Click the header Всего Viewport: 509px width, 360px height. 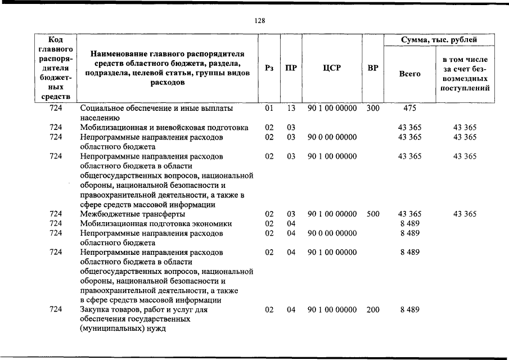(x=409, y=74)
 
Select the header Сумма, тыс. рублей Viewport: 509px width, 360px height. (x=439, y=40)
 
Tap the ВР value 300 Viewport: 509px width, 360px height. (x=373, y=107)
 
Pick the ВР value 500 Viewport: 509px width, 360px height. (x=373, y=214)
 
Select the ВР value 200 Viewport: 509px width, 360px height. (x=373, y=309)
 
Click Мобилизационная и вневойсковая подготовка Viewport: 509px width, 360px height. (x=164, y=128)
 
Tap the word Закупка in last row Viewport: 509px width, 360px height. (x=94, y=309)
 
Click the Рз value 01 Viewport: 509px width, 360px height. (x=269, y=107)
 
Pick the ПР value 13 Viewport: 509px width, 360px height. (x=291, y=107)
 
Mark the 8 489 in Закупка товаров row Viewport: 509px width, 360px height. (x=409, y=309)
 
